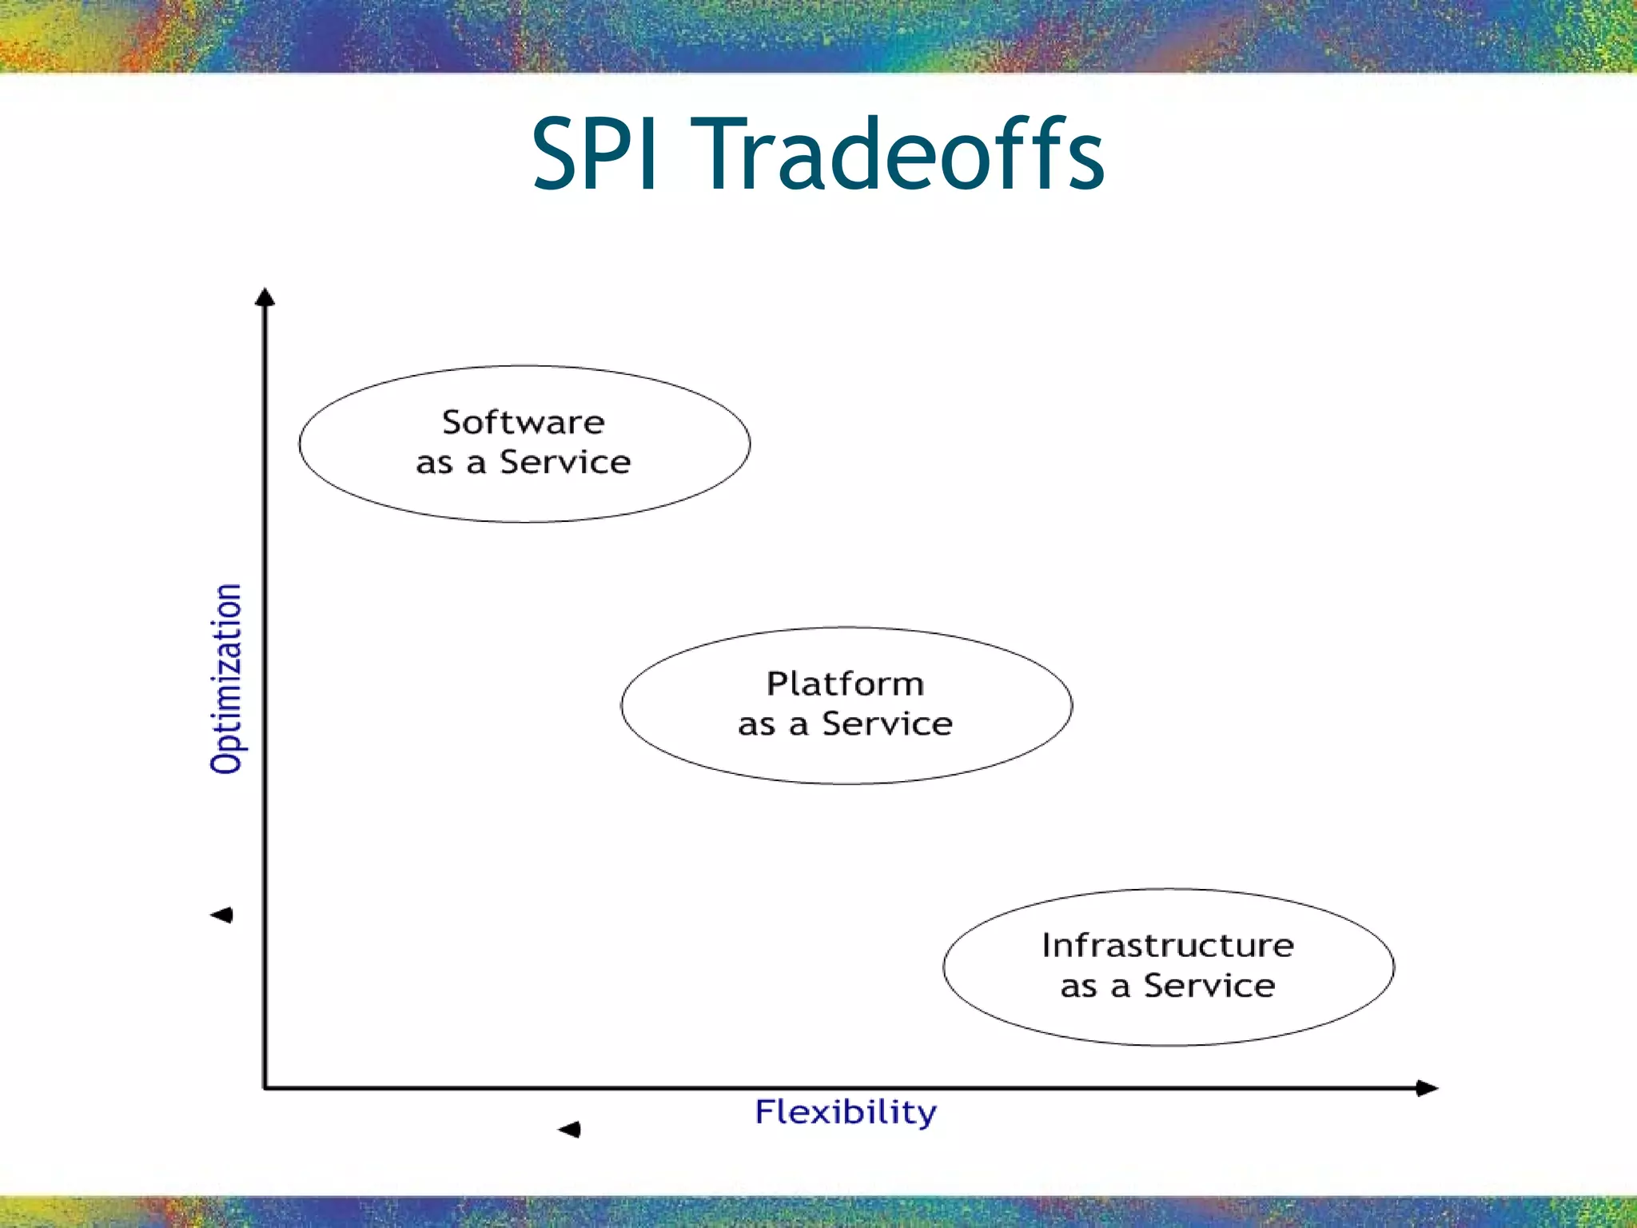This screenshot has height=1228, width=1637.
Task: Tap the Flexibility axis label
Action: point(846,1112)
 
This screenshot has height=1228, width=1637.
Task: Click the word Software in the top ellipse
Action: point(524,422)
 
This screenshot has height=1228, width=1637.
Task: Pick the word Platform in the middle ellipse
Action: point(845,684)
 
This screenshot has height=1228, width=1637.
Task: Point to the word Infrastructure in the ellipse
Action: point(1168,945)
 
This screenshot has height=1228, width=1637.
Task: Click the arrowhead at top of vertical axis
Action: point(265,297)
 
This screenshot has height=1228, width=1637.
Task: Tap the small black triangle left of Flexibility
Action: point(570,1129)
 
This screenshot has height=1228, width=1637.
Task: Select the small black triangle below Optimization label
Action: point(222,915)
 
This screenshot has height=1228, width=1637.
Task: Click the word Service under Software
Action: point(565,462)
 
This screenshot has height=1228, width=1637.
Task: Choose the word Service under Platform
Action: point(887,724)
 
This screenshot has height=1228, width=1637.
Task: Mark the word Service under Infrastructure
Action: point(1209,986)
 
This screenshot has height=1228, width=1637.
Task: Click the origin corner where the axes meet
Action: point(265,1087)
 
